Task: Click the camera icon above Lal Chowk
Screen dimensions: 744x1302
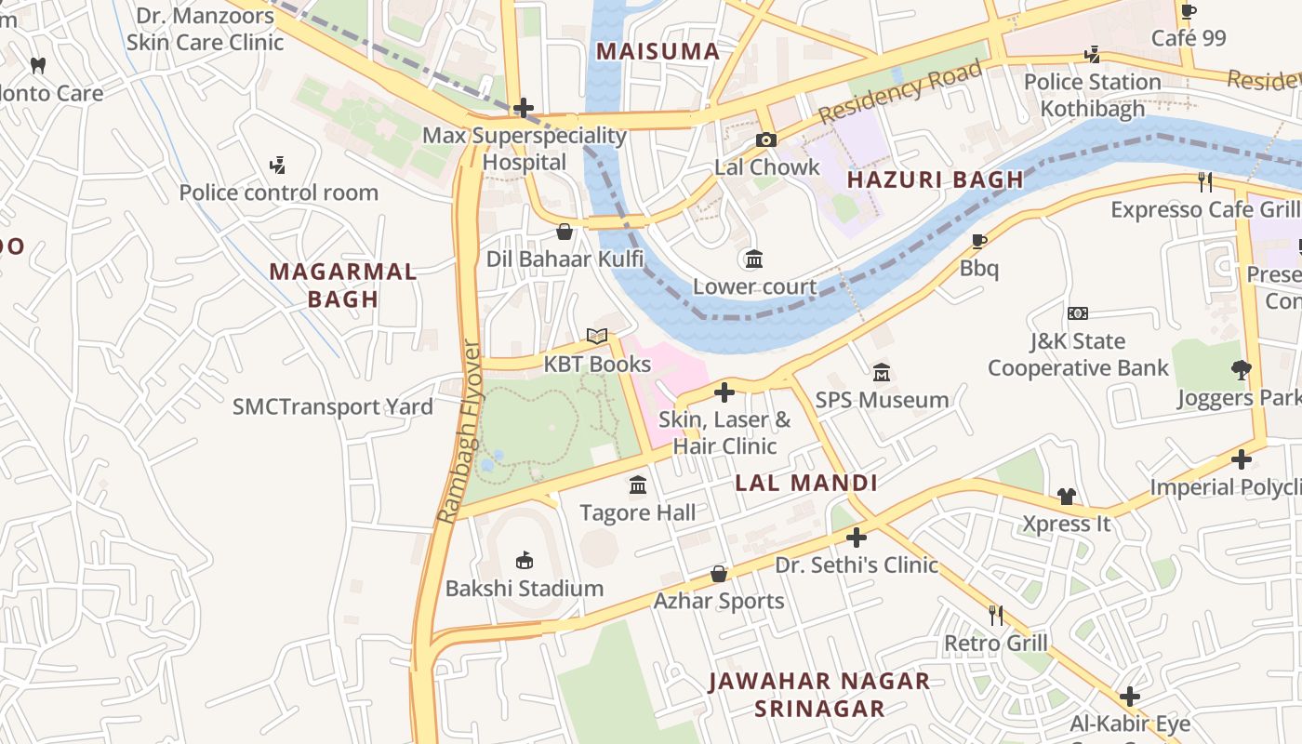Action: (x=766, y=140)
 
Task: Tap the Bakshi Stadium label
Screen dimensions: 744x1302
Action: (x=525, y=589)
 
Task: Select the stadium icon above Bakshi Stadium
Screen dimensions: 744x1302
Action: (x=525, y=560)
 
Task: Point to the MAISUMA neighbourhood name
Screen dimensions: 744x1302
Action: (x=658, y=51)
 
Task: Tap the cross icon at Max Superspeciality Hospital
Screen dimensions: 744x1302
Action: (x=525, y=108)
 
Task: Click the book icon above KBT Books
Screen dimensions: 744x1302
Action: (x=597, y=337)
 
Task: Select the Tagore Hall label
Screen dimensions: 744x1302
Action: (x=638, y=512)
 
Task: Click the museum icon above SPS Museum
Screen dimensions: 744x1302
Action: (x=882, y=372)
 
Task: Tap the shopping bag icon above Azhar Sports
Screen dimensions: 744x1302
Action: (x=719, y=574)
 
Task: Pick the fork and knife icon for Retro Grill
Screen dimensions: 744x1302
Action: (x=996, y=615)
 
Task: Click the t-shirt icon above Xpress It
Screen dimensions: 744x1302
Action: (x=1067, y=497)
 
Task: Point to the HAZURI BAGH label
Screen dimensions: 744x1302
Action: (x=936, y=179)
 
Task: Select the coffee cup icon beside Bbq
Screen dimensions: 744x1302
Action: (x=979, y=242)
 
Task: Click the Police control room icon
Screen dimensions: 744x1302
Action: (x=277, y=166)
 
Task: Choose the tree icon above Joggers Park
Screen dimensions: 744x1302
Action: (x=1241, y=370)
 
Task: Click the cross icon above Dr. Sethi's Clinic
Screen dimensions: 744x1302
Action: (x=857, y=538)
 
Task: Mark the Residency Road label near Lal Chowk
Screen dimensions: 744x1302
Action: (x=900, y=92)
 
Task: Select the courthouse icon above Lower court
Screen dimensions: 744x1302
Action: (x=754, y=259)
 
